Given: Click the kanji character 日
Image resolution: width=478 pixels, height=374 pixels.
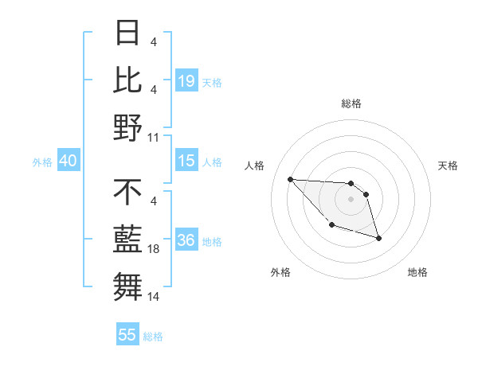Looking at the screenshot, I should click(x=127, y=34).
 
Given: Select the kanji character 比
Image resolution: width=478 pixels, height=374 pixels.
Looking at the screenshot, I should click(x=127, y=80).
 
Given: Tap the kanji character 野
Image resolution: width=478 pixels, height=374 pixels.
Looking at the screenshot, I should click(x=127, y=127).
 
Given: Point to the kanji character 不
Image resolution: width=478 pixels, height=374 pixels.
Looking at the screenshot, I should click(x=127, y=193).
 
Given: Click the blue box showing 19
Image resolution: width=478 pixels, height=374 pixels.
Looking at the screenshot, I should click(x=186, y=80).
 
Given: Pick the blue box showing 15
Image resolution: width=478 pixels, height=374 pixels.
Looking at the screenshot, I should click(x=186, y=161).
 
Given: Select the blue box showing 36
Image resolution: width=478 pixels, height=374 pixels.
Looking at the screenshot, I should click(x=186, y=240).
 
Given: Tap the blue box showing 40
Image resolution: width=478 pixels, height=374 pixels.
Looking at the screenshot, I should click(x=68, y=161).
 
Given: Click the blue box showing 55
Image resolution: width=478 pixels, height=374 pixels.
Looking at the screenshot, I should click(x=127, y=335).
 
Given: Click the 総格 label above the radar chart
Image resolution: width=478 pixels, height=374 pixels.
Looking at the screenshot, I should click(x=351, y=103).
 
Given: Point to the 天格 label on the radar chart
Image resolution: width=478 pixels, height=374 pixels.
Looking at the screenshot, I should click(x=449, y=166).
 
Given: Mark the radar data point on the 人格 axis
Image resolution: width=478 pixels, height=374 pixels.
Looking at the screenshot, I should click(x=290, y=179).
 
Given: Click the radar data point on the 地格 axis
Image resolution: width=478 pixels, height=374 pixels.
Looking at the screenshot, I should click(x=378, y=238).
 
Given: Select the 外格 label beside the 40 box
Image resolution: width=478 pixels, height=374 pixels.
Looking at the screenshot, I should click(x=42, y=162).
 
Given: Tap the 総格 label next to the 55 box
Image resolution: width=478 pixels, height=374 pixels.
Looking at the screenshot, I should click(x=153, y=336).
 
